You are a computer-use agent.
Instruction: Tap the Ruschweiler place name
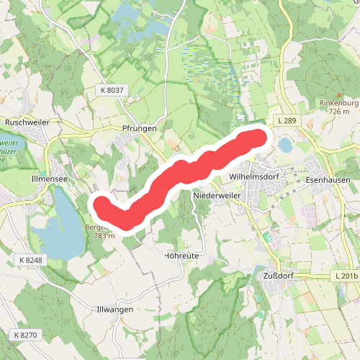tap(27, 122)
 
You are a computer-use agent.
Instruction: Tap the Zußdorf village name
tap(271, 274)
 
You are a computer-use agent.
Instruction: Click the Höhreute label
tap(181, 256)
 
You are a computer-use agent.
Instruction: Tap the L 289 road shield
tap(286, 120)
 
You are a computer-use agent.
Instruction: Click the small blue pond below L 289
tap(286, 145)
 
